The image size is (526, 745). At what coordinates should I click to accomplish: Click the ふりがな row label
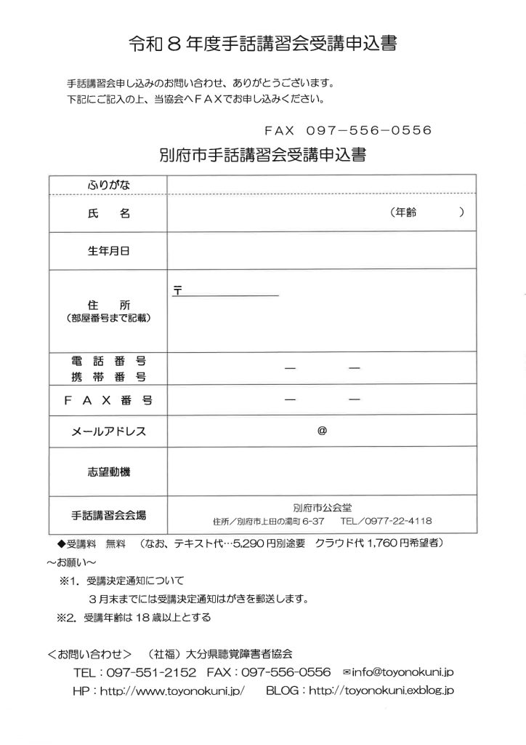point(108,185)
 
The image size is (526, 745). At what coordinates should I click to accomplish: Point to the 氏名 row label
point(108,213)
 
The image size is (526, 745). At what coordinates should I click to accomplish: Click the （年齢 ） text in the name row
point(426,213)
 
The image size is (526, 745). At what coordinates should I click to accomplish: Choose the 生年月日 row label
point(108,252)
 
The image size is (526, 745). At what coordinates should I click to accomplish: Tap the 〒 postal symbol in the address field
point(177,290)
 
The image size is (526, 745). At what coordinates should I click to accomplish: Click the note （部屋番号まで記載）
point(108,318)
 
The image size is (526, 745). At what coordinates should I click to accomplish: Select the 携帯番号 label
point(108,376)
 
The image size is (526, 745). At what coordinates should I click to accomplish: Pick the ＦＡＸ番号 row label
point(108,399)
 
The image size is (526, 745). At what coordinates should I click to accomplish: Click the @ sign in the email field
point(322,430)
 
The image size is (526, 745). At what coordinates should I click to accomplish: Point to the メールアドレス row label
point(108,431)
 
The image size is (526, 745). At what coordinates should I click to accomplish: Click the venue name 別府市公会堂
point(322,508)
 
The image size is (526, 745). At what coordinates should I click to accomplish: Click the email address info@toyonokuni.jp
point(402,672)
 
